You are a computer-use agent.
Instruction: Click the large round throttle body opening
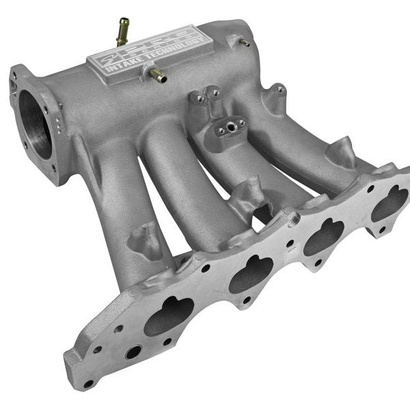click(x=36, y=124)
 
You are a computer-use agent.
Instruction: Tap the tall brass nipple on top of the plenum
click(x=123, y=31)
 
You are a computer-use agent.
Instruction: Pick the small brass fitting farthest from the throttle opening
click(x=244, y=42)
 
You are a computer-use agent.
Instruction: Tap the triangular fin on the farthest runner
click(x=342, y=152)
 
